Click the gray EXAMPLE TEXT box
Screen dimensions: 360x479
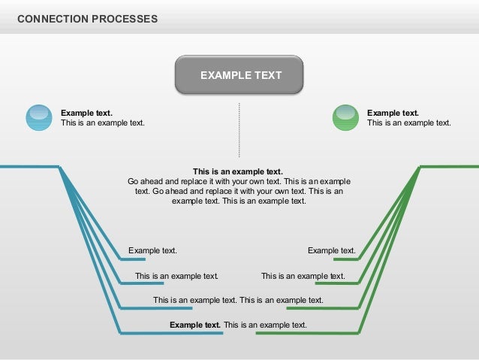pos(239,75)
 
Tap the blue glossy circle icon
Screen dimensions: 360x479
pos(39,117)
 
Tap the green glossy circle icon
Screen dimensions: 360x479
pos(345,117)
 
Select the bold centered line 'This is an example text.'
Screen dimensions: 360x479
pos(238,171)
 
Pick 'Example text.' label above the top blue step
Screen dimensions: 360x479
pos(152,251)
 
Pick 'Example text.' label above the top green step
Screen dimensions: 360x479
pos(331,251)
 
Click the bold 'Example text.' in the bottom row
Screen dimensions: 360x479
pos(195,325)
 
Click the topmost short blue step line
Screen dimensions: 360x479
pos(133,259)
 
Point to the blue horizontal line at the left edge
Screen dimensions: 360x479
pos(29,166)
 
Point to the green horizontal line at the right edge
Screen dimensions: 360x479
pos(449,166)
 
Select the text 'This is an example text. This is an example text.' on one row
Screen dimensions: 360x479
pos(238,300)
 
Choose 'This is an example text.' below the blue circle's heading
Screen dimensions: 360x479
pos(102,123)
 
